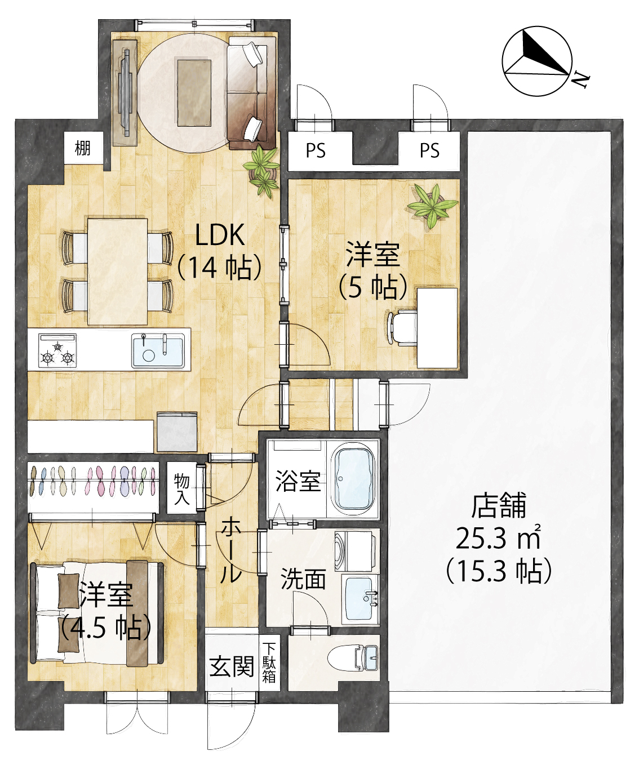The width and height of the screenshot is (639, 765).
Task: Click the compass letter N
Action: tap(579, 80)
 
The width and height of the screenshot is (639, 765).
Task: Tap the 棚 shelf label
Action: tap(82, 148)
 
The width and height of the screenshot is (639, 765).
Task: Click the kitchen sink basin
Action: tap(158, 350)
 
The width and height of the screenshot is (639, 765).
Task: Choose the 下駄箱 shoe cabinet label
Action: tap(269, 663)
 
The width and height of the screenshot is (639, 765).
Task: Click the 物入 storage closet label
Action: tap(181, 489)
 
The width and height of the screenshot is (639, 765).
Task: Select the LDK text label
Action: tap(220, 235)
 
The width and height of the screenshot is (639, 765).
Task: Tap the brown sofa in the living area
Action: tap(251, 93)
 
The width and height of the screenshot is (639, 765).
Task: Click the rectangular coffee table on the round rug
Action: tap(194, 93)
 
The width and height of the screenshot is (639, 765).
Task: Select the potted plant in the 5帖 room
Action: tap(433, 206)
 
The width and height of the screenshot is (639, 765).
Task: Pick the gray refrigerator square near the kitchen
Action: tap(177, 432)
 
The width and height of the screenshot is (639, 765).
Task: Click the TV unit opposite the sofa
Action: tap(125, 92)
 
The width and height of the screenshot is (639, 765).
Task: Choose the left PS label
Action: tap(316, 150)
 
